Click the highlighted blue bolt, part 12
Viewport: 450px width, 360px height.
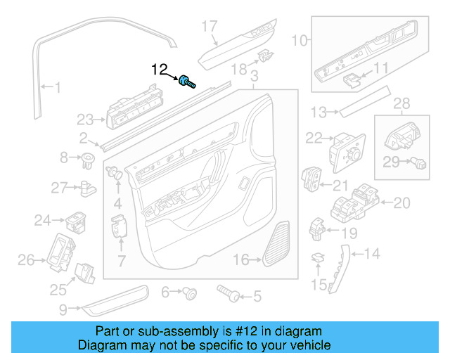pyautogui.click(x=187, y=82)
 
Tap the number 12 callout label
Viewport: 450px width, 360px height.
pyautogui.click(x=160, y=70)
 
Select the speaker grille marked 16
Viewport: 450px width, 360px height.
pyautogui.click(x=277, y=244)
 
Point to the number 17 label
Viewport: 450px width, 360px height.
pyautogui.click(x=210, y=27)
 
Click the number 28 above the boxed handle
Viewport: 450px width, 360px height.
pyautogui.click(x=401, y=104)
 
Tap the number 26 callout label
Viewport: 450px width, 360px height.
pyautogui.click(x=26, y=261)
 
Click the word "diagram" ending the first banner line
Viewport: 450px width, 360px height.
pyautogui.click(x=302, y=331)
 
